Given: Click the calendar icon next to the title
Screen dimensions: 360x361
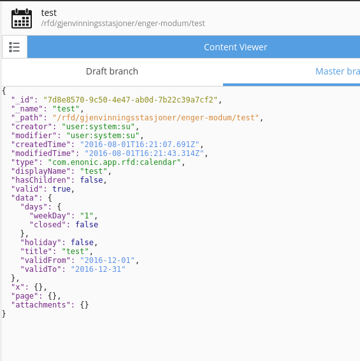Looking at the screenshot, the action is tap(22, 18).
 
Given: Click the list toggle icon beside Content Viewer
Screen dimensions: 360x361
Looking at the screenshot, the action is tap(14, 47).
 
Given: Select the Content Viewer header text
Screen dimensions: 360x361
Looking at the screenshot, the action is tap(235, 47).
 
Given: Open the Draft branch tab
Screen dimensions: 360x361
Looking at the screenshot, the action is tap(112, 71).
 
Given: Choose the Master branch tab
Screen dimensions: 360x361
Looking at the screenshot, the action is tap(338, 71).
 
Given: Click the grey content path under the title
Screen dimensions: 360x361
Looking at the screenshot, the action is tap(123, 24).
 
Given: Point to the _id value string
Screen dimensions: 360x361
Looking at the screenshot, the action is tap(130, 100).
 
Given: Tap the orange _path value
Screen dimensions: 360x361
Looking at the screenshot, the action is tap(156, 118).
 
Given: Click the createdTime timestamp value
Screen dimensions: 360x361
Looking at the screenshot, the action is tap(140, 145).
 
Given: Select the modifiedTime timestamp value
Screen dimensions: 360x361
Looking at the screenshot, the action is tap(144, 153).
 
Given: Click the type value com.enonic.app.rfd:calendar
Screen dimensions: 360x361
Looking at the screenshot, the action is tap(114, 162).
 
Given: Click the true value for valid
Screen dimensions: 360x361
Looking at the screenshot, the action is tap(61, 189).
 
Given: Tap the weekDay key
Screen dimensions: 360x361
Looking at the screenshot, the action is tap(50, 216).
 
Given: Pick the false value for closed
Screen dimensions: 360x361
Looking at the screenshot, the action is tap(87, 225).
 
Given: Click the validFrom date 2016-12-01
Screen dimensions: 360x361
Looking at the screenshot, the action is tap(107, 260).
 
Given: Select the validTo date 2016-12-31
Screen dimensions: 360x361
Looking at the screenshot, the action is tap(98, 269).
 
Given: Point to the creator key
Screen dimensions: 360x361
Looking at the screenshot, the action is tap(32, 127).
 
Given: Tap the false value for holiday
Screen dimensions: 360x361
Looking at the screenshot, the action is tap(82, 243).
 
